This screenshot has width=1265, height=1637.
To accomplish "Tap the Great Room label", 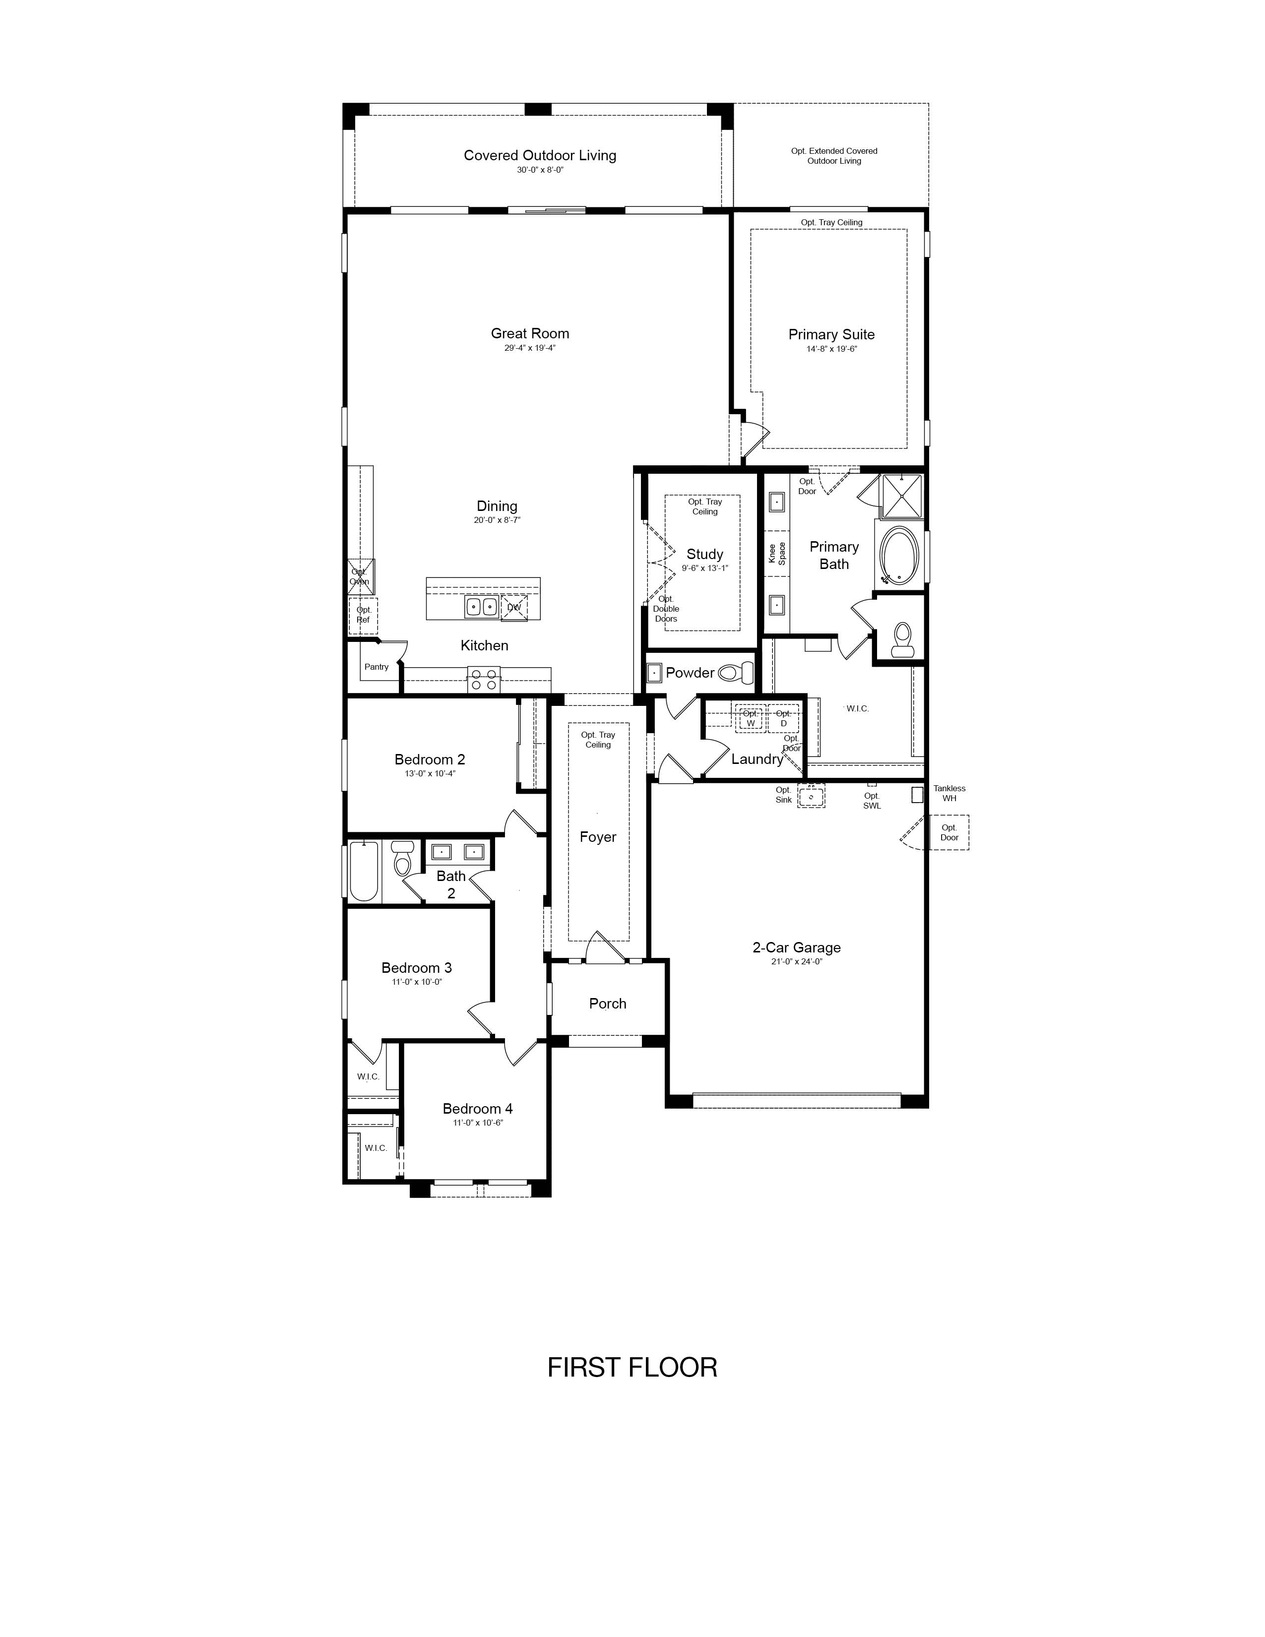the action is point(530,333).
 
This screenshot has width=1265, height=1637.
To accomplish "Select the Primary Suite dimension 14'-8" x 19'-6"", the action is point(831,349).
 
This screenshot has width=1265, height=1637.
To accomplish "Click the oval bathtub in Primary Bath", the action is point(898,556).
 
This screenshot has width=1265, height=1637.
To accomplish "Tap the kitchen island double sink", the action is point(481,606).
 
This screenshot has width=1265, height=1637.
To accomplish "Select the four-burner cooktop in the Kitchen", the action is point(483,680).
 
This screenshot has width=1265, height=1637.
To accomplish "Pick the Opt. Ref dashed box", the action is point(364,616).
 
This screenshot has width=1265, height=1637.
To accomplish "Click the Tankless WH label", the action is point(949,793).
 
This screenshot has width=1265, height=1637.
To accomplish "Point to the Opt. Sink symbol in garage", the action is point(811,795).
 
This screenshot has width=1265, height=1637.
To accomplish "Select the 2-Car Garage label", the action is point(797,947).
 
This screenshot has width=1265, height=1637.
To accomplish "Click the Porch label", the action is point(608,1004).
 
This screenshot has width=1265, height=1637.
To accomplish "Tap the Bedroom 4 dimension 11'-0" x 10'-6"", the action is point(478,1123).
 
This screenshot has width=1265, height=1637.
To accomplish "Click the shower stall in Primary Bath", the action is point(901,496).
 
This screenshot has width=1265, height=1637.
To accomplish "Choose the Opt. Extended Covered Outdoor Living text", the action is point(834,156).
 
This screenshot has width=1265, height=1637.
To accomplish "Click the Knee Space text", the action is point(777,554).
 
